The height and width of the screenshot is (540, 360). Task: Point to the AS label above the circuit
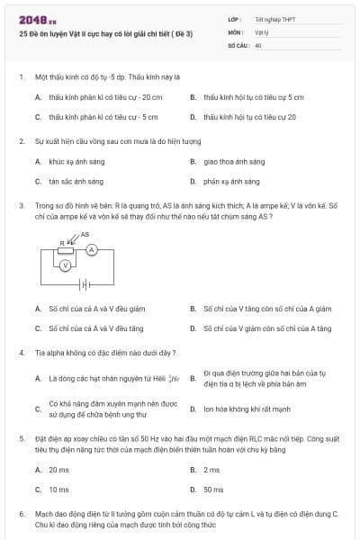coord(85,234)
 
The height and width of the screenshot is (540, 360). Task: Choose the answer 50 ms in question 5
coord(213,490)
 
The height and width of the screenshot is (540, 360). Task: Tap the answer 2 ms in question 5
coord(211,470)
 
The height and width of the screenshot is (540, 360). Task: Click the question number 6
coord(22,513)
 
